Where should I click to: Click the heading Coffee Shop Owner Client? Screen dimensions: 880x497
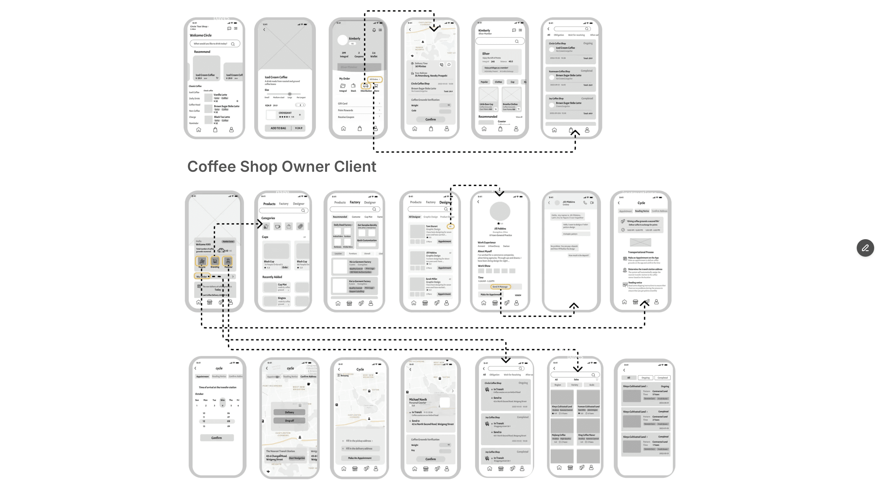[x=281, y=167]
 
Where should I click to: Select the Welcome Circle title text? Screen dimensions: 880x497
[x=201, y=35]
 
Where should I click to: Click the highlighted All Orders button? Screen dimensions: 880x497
[x=375, y=79]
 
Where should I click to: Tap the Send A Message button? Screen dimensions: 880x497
[x=500, y=287]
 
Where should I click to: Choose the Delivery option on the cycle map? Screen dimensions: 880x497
[x=289, y=412]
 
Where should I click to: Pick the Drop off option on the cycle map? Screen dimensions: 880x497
[x=289, y=421]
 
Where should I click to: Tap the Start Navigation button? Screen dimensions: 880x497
[x=297, y=458]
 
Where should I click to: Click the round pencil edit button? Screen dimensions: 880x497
[x=865, y=248]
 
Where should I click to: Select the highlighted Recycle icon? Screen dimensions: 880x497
[x=202, y=261]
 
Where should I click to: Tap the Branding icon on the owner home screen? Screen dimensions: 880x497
[x=215, y=261]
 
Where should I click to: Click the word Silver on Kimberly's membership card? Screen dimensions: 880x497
[x=486, y=53]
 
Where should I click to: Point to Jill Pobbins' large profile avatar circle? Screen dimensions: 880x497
[x=500, y=211]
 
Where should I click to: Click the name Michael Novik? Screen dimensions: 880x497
[x=418, y=399]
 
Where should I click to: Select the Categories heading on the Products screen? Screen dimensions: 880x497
[x=268, y=218]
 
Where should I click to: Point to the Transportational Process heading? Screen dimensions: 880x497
[x=641, y=252]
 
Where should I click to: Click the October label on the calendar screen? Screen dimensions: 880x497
[x=199, y=394]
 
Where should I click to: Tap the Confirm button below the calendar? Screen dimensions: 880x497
[x=216, y=438]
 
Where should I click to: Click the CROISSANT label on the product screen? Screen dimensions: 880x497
[x=285, y=113]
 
